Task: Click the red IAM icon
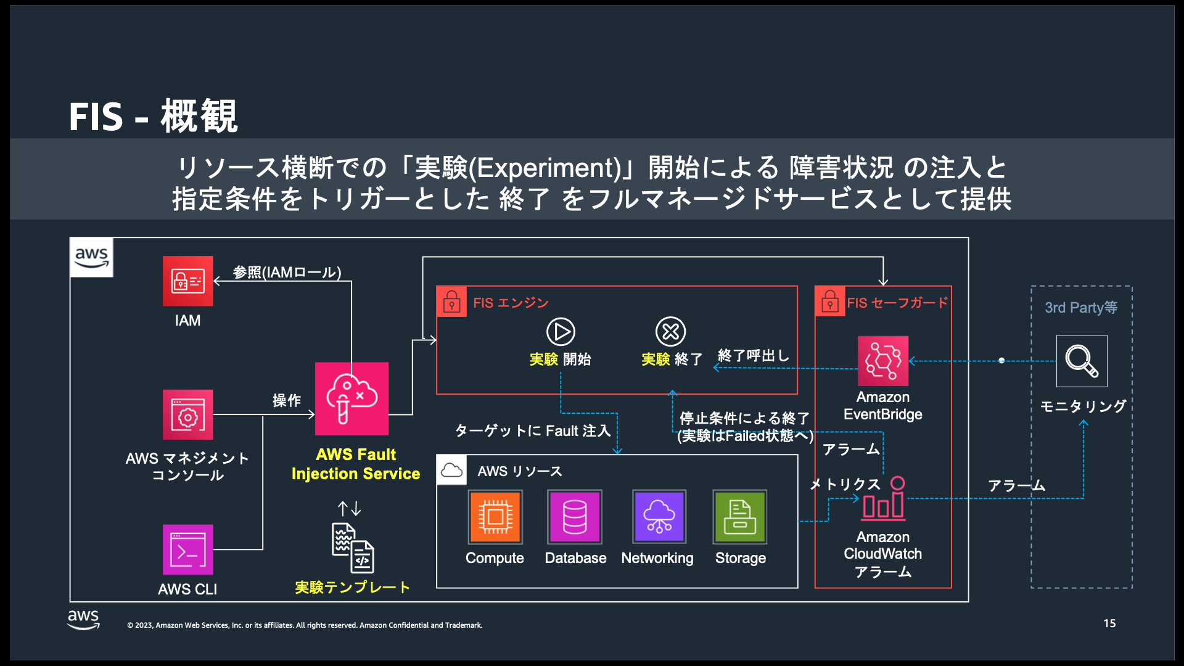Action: [187, 281]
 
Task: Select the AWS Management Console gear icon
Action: [187, 414]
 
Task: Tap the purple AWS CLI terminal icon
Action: [187, 549]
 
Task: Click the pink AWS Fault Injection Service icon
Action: [351, 398]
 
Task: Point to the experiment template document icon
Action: [353, 548]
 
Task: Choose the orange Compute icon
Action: [495, 517]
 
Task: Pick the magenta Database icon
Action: [575, 517]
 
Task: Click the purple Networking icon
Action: [659, 517]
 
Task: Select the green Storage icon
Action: [740, 517]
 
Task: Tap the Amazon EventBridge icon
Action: [883, 361]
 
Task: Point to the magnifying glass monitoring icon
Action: [1082, 361]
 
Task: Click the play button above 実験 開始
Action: [561, 332]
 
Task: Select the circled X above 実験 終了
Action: [670, 332]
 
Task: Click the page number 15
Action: [1109, 623]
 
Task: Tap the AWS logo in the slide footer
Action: [83, 620]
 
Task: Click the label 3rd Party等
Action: [1081, 307]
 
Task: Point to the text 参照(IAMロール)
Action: [287, 272]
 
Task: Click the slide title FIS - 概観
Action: [153, 116]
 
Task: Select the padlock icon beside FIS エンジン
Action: [451, 302]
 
